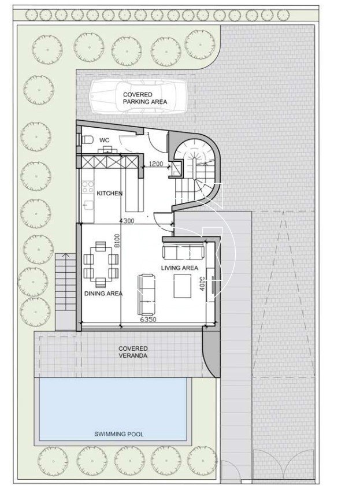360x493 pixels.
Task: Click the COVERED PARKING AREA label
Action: pos(145,98)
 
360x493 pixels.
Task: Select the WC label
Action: pos(105,140)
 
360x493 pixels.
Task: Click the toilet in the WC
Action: pos(86,139)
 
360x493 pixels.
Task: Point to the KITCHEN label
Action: pos(109,194)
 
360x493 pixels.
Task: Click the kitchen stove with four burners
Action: pos(88,187)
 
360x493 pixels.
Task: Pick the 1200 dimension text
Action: pos(156,164)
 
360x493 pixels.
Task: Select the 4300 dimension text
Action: pos(127,221)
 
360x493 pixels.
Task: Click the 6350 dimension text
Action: pos(149,320)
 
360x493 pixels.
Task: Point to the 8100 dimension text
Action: pos(117,241)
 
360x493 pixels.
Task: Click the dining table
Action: pos(101,264)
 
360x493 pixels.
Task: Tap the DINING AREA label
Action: pos(103,294)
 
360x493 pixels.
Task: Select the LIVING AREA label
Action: pos(180,268)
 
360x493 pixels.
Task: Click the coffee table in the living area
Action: pos(183,286)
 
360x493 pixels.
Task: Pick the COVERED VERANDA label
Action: pos(133,352)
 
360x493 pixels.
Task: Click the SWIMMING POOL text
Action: pos(119,434)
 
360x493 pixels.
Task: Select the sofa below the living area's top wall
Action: pos(183,252)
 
